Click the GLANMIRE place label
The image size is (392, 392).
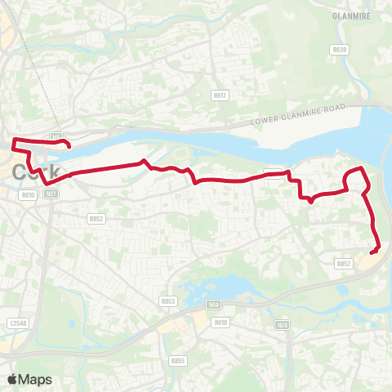pyautogui.click(x=352, y=15)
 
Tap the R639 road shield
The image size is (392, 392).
pyautogui.click(x=340, y=50)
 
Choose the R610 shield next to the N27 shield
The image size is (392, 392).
pyautogui.click(x=29, y=194)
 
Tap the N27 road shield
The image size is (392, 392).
pyautogui.click(x=51, y=194)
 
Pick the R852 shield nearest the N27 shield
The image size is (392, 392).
pyautogui.click(x=96, y=218)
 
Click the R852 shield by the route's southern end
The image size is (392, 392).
pyautogui.click(x=344, y=263)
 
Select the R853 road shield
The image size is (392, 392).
pyautogui.click(x=168, y=301)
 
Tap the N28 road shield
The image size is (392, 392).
pyautogui.click(x=283, y=325)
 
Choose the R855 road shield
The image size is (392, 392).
pyautogui.click(x=178, y=360)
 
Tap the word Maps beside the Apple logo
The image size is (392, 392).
pyautogui.click(x=36, y=379)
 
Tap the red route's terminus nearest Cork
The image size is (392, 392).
pyautogui.click(x=69, y=147)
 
